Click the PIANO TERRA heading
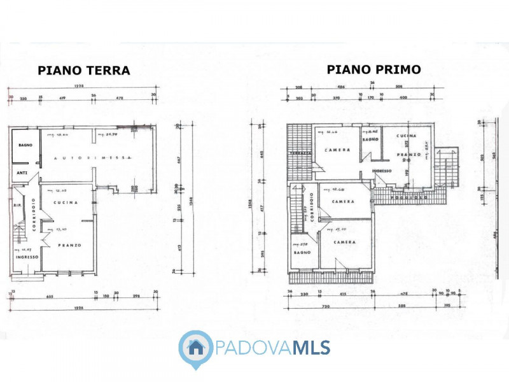(x=84, y=71)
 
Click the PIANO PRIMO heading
(x=373, y=69)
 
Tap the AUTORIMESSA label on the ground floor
(x=93, y=158)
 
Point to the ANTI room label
(x=22, y=173)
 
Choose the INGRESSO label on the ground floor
(x=27, y=257)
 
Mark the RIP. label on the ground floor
(x=17, y=206)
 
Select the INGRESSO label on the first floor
(x=382, y=171)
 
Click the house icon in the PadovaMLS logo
(x=196, y=348)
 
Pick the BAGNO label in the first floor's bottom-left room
(x=302, y=253)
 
